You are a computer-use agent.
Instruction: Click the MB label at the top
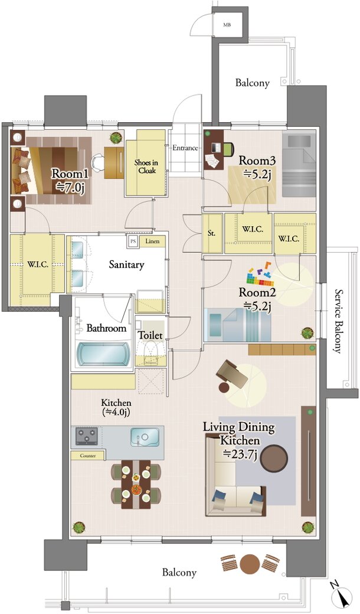pos(227,25)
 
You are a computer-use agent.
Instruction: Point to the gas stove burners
pos(87,436)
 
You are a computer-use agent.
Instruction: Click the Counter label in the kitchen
pos(88,456)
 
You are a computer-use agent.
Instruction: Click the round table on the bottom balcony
pos(250,564)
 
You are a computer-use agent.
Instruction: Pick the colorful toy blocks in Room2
pos(260,275)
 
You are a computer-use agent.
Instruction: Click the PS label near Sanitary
pos(133,241)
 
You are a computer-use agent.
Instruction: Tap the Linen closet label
pos(152,241)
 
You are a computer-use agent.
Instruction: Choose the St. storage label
pos(211,234)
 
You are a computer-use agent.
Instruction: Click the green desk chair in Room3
pos(228,148)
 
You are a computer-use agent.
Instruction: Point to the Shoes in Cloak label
pos(145,166)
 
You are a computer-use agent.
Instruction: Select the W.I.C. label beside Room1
pos(38,264)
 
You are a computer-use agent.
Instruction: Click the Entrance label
pos(185,148)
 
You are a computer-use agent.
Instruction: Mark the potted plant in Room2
pos(307,333)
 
